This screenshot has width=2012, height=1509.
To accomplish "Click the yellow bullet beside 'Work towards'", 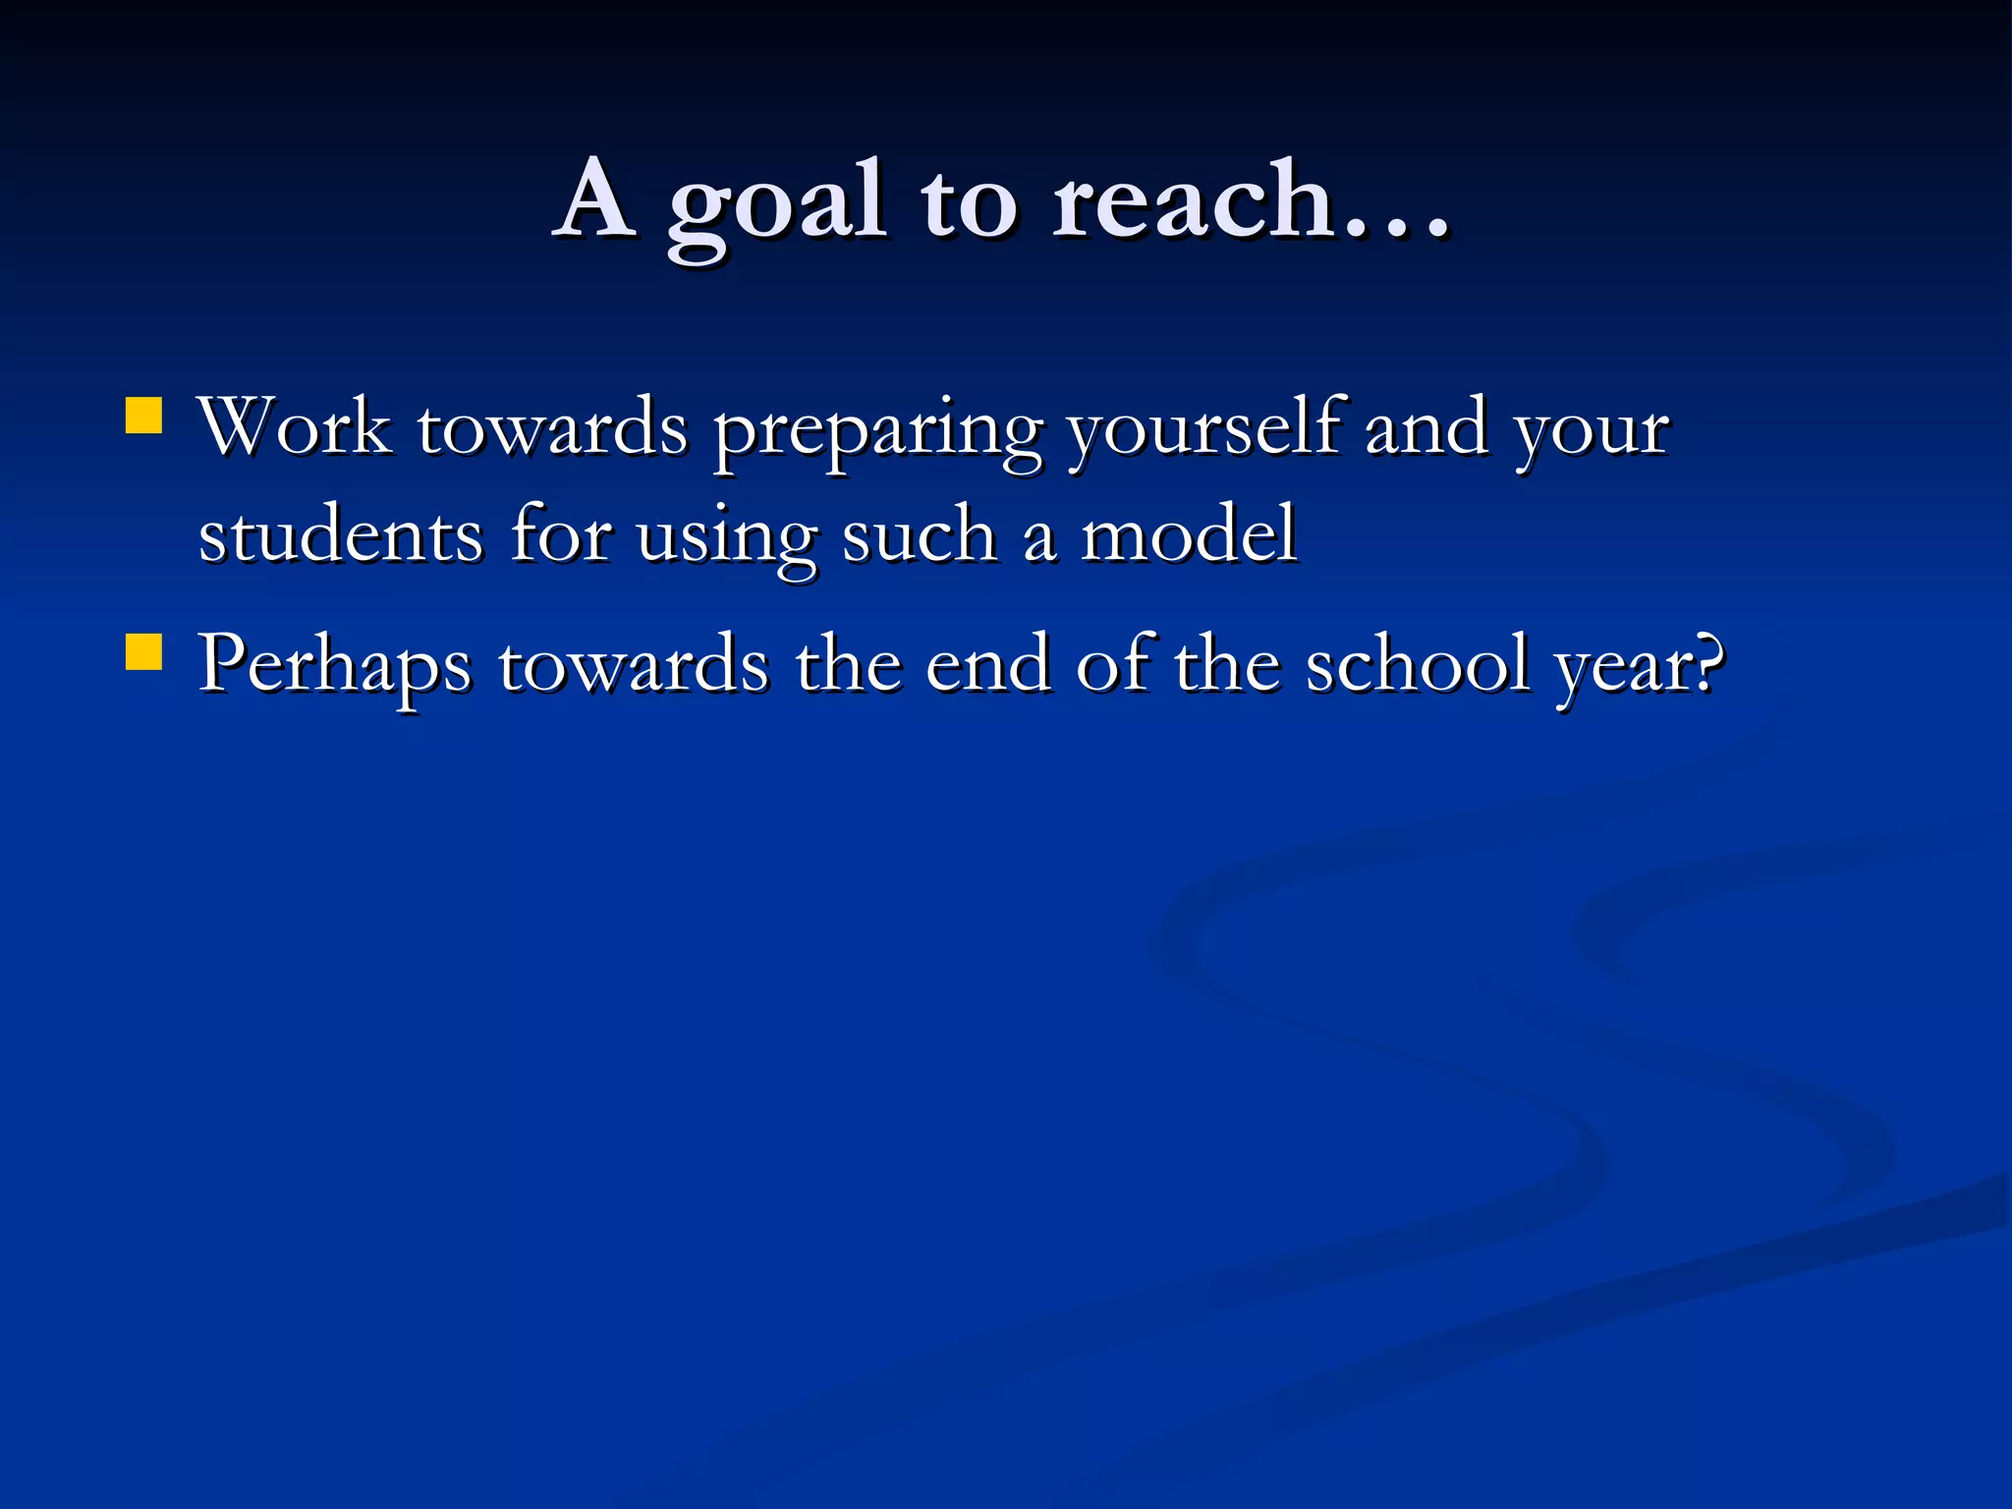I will [144, 416].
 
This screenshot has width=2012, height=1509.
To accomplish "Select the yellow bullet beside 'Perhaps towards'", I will [144, 652].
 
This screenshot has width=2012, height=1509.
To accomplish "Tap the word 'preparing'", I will [877, 432].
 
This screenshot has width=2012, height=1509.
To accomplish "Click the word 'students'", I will [340, 535].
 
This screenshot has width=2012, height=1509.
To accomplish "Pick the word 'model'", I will [1189, 535].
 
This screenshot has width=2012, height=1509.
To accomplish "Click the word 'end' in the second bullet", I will [988, 665].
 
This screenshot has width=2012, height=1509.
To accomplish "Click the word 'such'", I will [920, 535].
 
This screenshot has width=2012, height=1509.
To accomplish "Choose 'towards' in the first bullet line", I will [552, 429].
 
